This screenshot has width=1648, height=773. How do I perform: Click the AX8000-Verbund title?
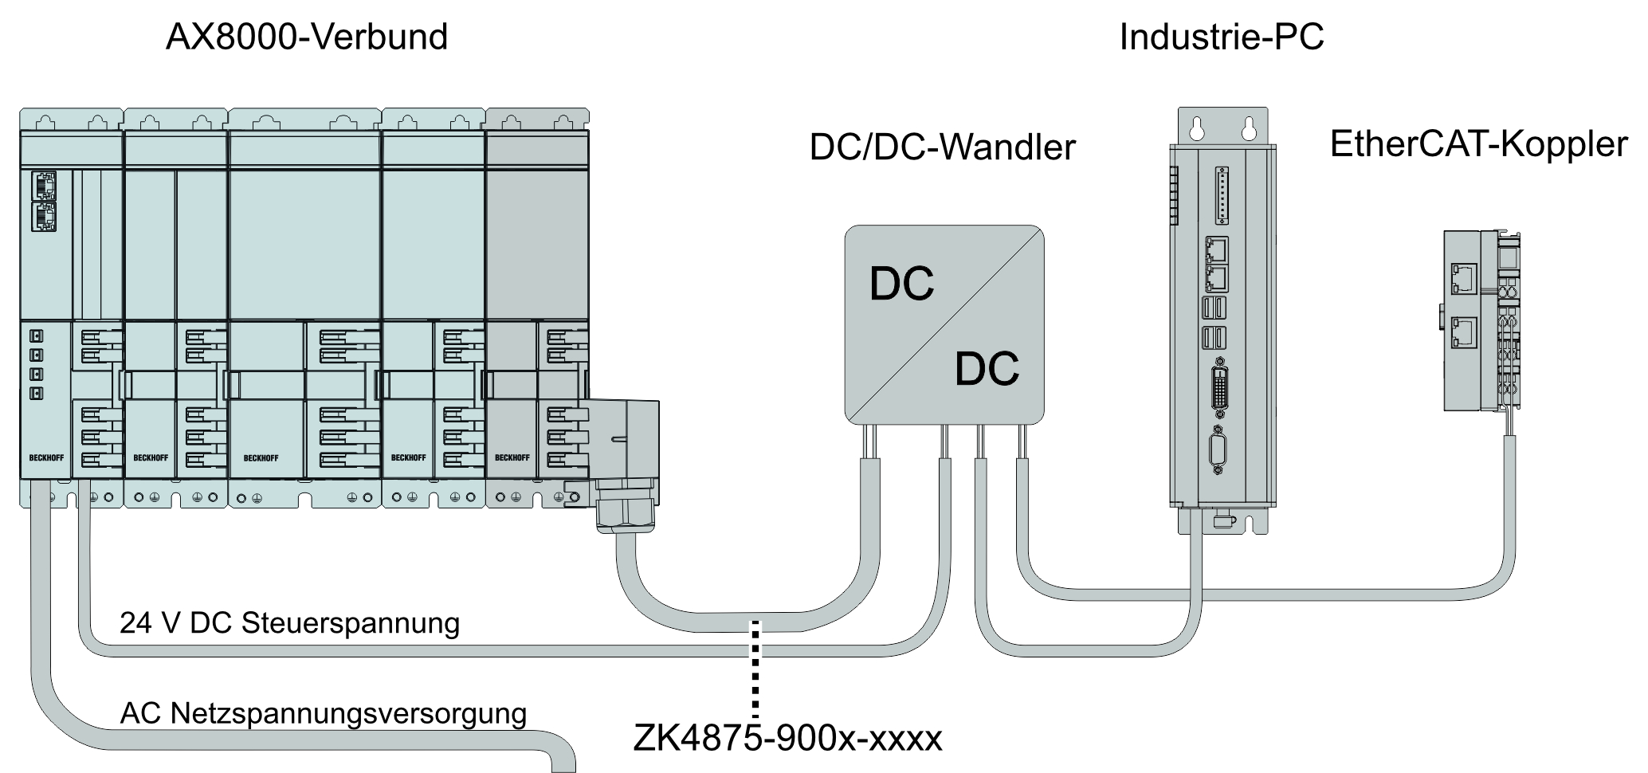click(307, 37)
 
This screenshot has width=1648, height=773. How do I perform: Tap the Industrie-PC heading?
click(1222, 37)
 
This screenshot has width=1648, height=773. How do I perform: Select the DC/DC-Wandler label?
click(942, 147)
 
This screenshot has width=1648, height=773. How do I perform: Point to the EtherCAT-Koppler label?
click(1478, 144)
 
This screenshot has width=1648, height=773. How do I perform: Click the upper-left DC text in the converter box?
click(901, 284)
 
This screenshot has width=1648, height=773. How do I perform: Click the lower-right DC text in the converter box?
click(987, 368)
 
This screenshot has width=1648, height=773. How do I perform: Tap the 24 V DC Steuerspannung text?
click(289, 622)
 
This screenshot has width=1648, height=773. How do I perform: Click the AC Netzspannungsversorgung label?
click(323, 712)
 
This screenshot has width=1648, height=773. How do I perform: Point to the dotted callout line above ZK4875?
click(755, 669)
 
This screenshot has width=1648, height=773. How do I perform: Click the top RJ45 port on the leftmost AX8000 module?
click(44, 185)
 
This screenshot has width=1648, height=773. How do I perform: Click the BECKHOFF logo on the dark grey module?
click(512, 457)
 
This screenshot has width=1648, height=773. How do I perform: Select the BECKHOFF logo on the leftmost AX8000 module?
click(46, 458)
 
